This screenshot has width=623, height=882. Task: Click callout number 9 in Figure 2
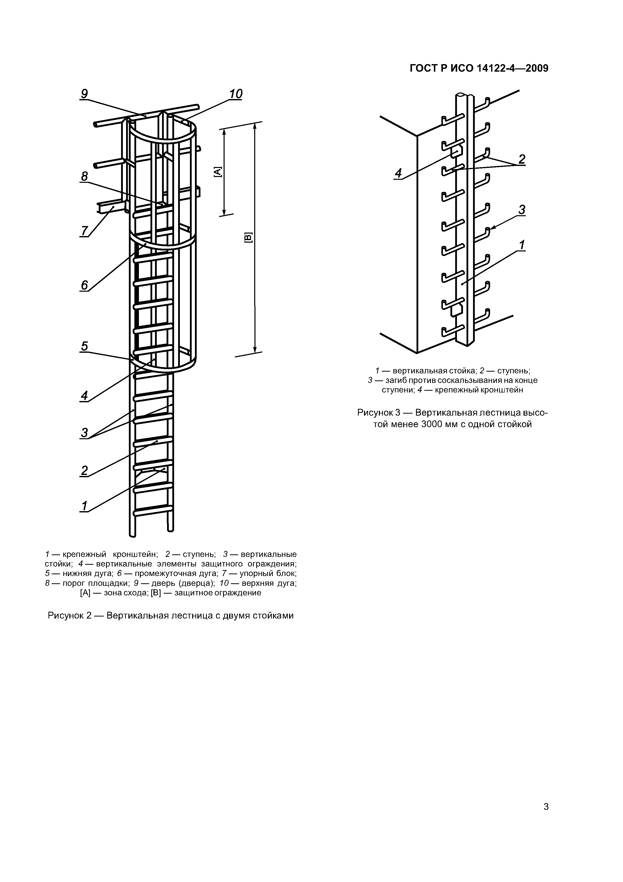(84, 94)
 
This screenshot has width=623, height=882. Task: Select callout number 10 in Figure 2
(236, 94)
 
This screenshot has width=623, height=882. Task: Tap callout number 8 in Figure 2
(84, 176)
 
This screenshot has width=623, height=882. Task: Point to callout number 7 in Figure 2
(84, 231)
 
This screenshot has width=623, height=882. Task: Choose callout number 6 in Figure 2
(84, 285)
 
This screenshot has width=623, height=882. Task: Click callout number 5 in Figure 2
(84, 346)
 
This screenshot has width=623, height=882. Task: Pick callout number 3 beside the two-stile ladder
(84, 432)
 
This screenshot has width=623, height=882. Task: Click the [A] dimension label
(218, 172)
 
